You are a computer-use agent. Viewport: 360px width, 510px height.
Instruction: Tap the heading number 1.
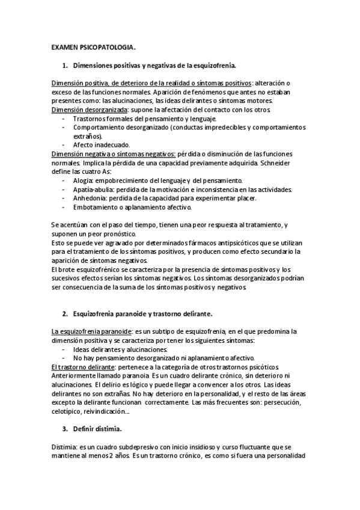(64, 64)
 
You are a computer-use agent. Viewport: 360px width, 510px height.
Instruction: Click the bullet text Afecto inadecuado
(99, 145)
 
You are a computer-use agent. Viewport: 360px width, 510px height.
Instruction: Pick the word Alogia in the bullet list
(84, 180)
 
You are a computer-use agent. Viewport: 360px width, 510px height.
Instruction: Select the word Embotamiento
(96, 207)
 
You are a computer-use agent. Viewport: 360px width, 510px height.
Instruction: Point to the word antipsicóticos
(245, 242)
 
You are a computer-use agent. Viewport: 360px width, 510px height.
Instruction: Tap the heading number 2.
(64, 313)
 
